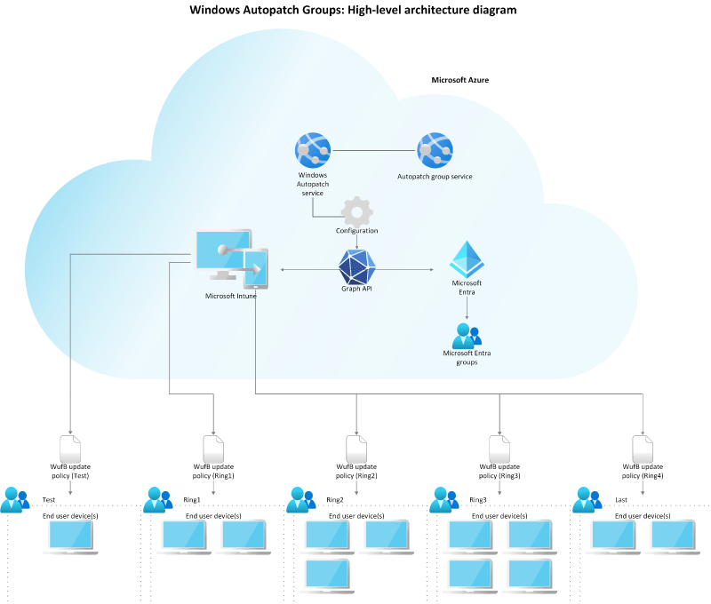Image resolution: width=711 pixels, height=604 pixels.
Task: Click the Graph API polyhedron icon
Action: [357, 267]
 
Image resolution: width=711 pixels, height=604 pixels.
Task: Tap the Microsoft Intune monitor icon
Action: [232, 259]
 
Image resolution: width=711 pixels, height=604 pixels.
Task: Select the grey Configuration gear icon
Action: [357, 211]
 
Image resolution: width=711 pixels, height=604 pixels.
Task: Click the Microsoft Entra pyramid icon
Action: [467, 259]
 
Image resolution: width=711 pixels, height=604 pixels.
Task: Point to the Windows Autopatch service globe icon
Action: [313, 150]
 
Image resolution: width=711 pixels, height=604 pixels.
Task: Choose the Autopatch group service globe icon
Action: [435, 150]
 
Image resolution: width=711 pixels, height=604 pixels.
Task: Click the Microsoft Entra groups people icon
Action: [467, 336]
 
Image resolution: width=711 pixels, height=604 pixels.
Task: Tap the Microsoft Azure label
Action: [459, 80]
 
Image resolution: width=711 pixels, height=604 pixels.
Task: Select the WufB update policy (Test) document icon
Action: [70, 449]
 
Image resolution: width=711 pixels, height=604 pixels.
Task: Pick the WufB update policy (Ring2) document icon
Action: [356, 449]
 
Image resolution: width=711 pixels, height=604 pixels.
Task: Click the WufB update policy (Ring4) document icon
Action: [643, 449]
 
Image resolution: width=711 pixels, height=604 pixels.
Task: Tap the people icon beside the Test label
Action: [15, 500]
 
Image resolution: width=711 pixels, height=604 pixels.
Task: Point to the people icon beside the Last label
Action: [587, 500]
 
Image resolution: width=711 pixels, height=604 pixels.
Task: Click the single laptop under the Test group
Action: [70, 537]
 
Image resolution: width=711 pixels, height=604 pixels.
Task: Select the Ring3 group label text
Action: [478, 500]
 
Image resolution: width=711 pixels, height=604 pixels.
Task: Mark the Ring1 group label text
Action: [192, 500]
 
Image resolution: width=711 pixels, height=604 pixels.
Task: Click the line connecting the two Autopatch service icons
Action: [373, 150]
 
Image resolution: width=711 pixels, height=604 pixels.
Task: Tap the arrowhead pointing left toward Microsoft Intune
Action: [282, 270]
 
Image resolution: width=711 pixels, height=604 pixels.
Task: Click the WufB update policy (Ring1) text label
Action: [213, 472]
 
